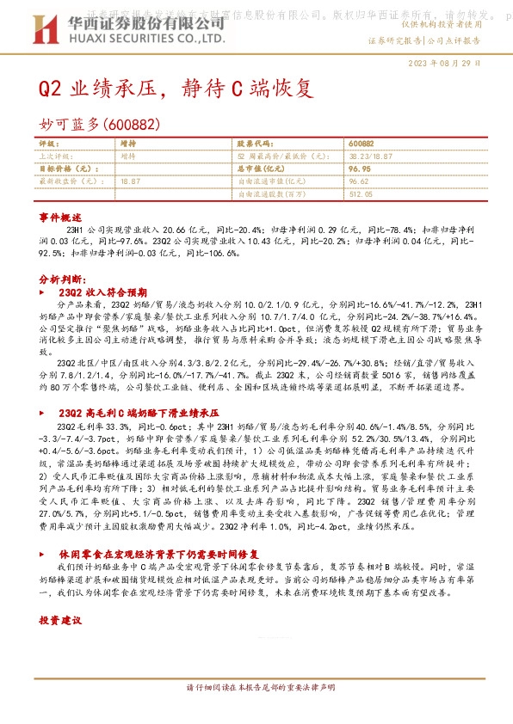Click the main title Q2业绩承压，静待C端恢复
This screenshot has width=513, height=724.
point(172,89)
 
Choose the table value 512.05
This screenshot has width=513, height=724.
point(362,195)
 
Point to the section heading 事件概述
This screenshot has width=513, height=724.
point(60,218)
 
